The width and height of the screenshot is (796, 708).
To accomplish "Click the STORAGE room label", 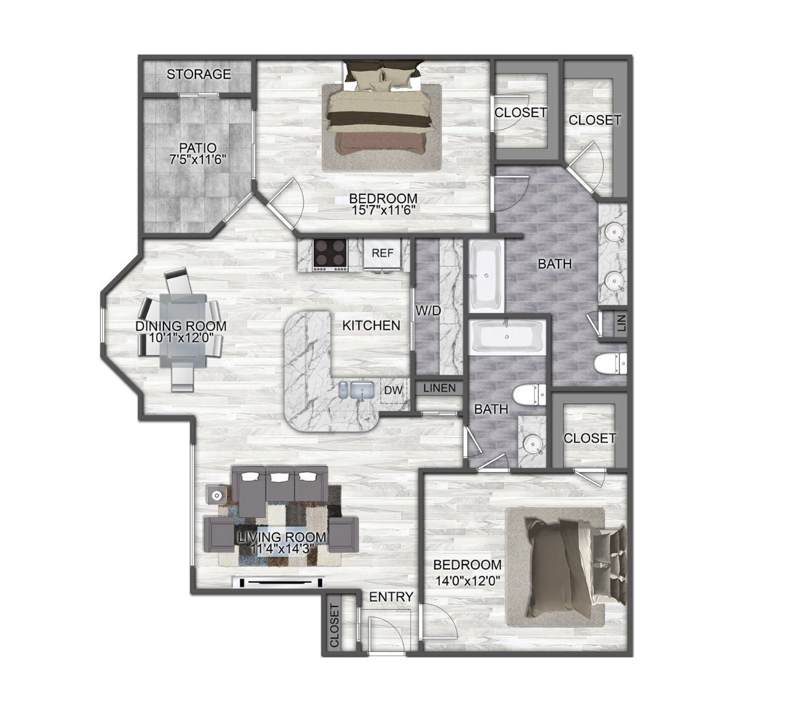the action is [x=199, y=74].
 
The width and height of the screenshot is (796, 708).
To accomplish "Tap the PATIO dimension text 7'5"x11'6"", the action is [x=198, y=160].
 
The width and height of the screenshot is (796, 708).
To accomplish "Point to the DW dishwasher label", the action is [x=393, y=390].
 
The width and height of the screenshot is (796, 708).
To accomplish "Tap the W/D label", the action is [x=428, y=311].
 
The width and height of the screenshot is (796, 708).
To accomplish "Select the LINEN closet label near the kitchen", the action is [x=440, y=388].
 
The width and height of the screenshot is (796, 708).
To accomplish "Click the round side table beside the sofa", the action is [x=216, y=496].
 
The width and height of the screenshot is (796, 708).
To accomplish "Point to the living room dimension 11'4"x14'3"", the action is [x=282, y=549].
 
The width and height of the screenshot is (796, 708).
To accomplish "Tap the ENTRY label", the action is [x=391, y=597].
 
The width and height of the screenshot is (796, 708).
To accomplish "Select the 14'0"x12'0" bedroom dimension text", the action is [x=467, y=580].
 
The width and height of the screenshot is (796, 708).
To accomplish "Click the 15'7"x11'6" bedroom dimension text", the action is [x=383, y=209].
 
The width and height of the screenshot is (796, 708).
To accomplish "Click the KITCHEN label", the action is [x=371, y=325].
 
